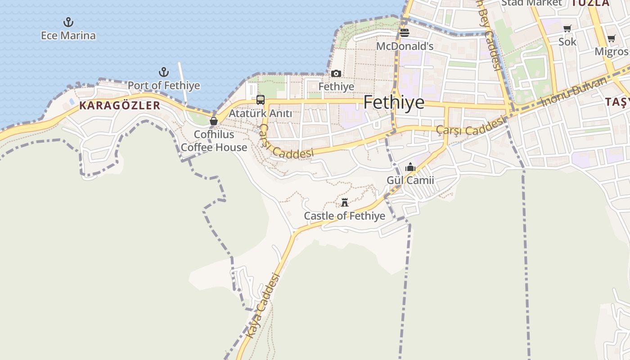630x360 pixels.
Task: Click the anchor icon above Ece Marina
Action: point(68,22)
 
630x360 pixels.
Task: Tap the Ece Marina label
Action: point(68,36)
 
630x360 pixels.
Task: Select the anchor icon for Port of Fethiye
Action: point(164,72)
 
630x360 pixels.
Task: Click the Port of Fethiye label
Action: point(164,85)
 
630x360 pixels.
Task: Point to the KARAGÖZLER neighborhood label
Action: point(120,106)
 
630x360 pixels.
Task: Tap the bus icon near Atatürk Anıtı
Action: point(261,100)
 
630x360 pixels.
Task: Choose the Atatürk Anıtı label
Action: point(261,113)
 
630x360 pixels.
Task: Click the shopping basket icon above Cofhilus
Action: point(214,121)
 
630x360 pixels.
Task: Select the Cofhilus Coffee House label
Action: point(214,141)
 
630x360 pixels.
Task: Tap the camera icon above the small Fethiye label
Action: point(336,73)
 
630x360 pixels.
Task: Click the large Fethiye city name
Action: point(394,103)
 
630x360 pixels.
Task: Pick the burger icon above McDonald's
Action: point(404,33)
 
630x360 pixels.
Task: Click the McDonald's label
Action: point(405,46)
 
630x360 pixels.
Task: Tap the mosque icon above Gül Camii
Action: point(410,167)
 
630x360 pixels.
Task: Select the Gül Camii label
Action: point(410,180)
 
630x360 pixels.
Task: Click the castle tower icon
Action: point(345,202)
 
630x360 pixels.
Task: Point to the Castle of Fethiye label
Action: point(345,216)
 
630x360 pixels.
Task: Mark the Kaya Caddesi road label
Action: point(263,306)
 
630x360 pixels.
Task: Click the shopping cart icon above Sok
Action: point(567,29)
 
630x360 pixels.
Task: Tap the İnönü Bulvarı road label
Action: point(575,91)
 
